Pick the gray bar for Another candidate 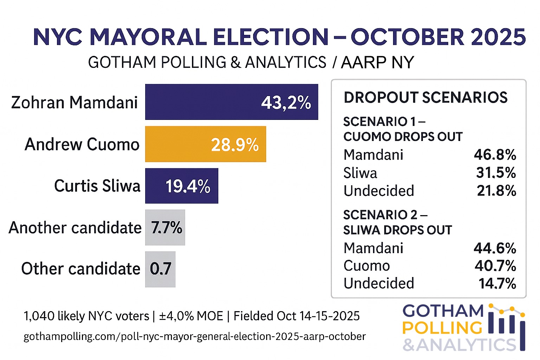coord(165,227)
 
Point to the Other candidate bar coord(160,269)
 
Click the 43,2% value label coord(286,103)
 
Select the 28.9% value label coord(234,144)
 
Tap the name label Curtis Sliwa coord(97,186)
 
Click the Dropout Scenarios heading coord(425,97)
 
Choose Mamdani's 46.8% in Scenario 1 coord(495,155)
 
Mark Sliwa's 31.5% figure coord(496,173)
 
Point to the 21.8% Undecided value coord(496,191)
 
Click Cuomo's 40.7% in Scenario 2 coord(495,266)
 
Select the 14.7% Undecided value coord(497,283)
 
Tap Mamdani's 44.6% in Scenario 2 coord(495,248)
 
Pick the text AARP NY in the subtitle coord(377,63)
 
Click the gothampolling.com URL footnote coord(194,336)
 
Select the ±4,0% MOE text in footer coord(191,316)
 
